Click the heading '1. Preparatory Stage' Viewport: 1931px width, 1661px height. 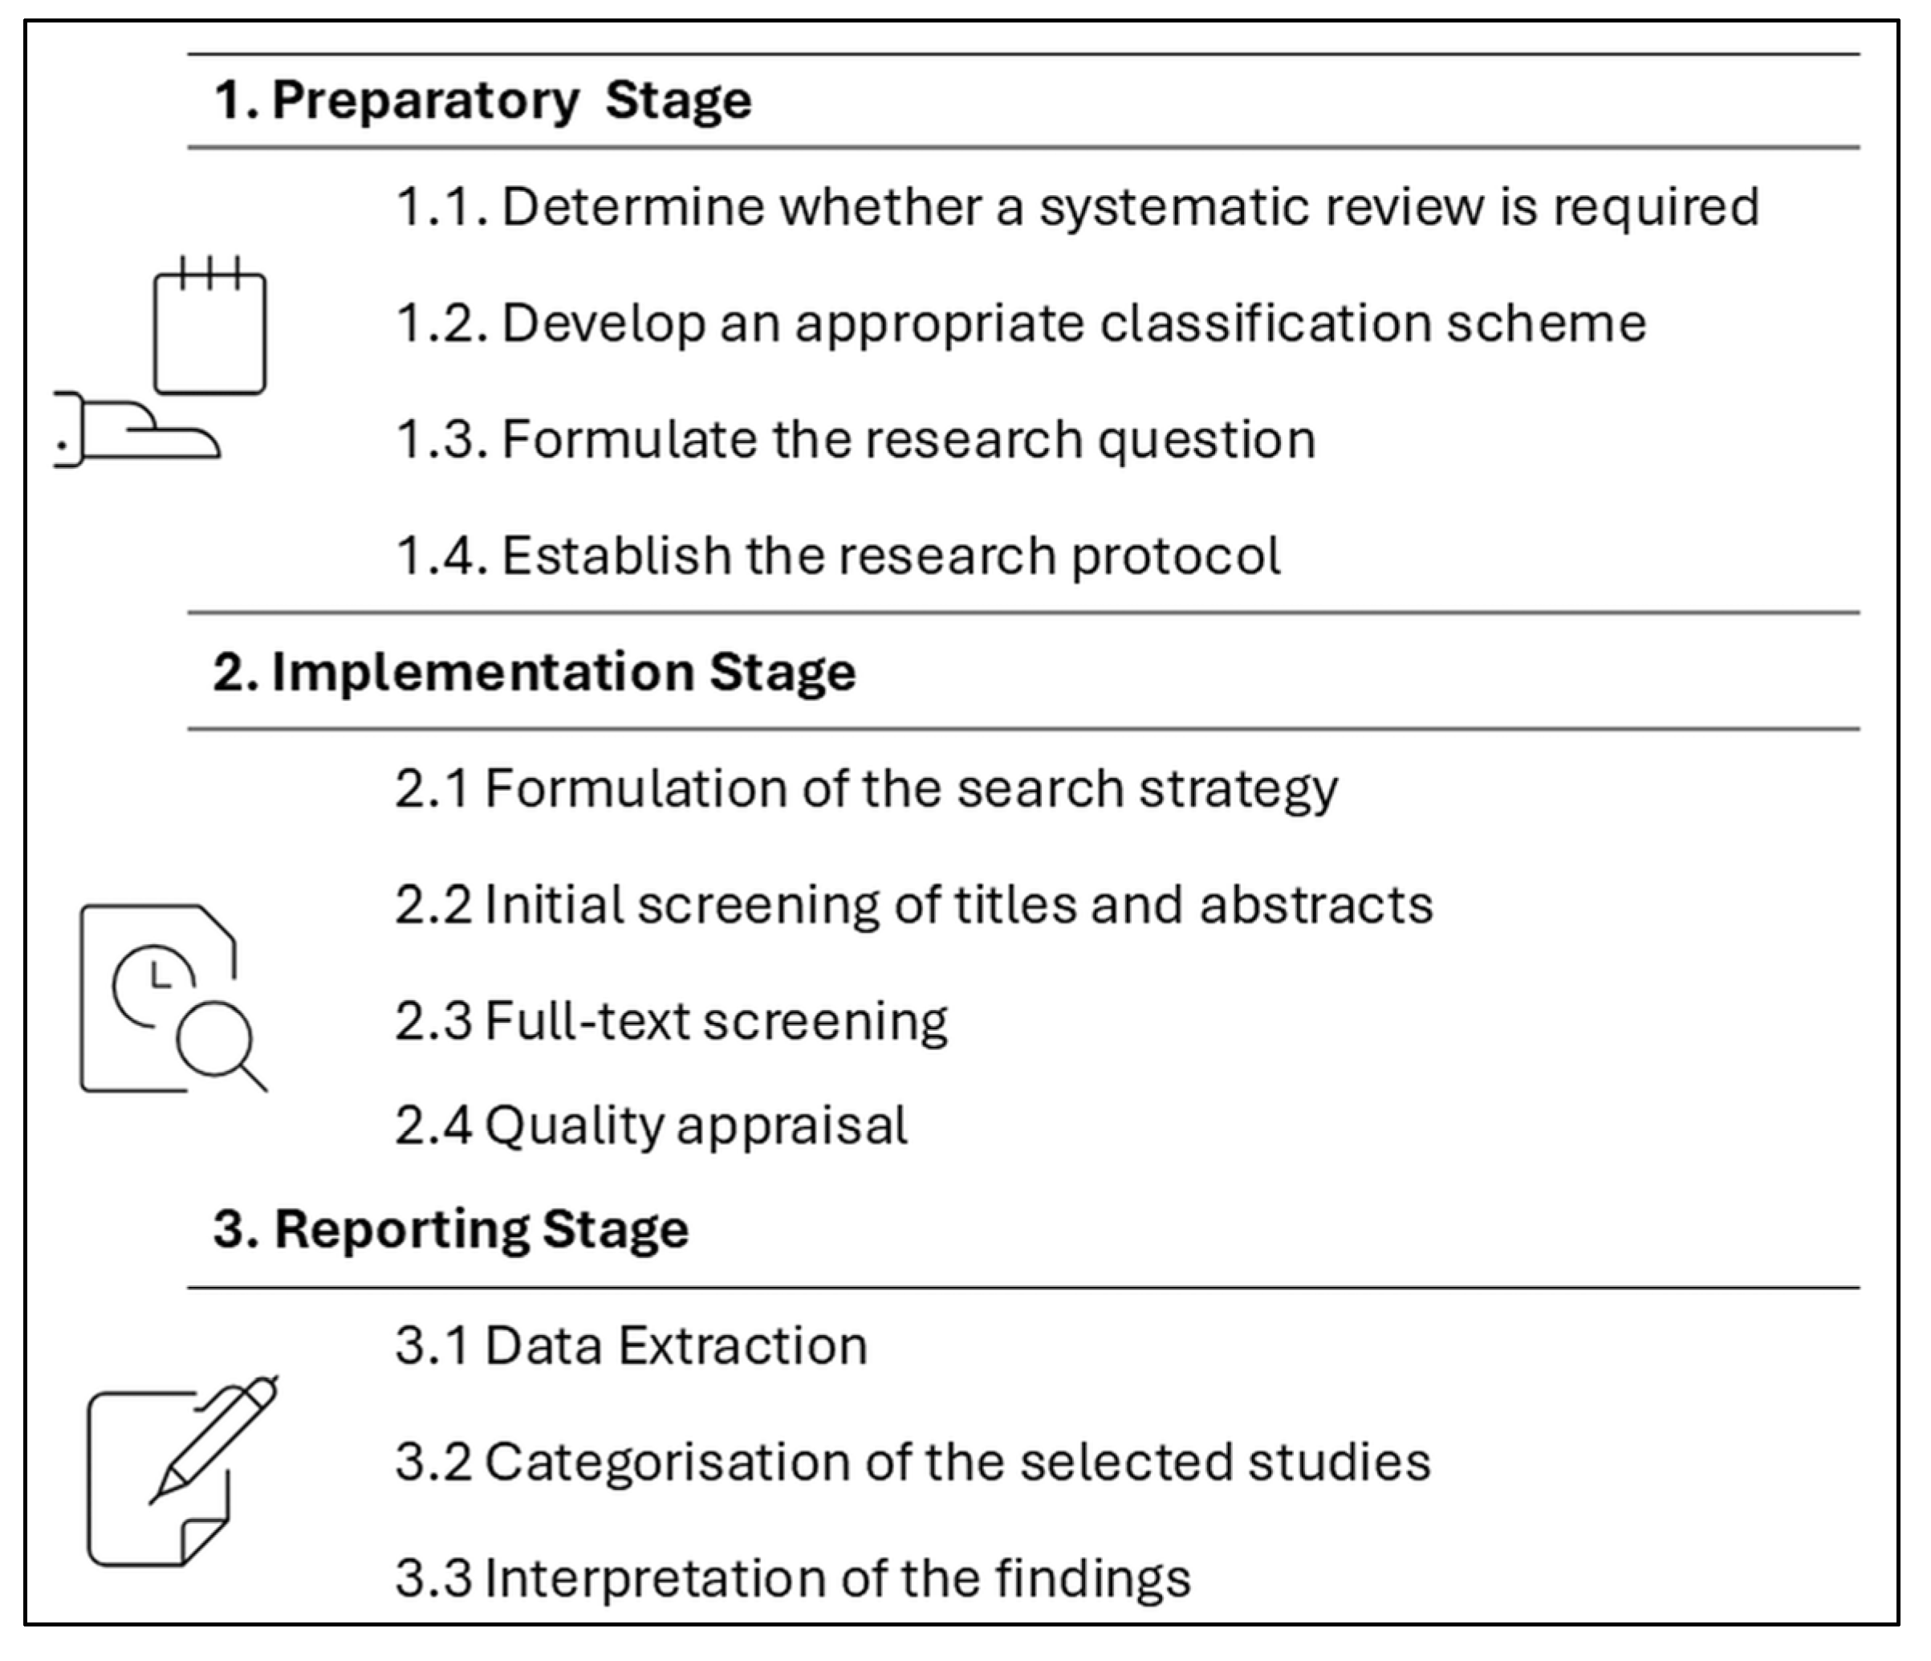click(483, 100)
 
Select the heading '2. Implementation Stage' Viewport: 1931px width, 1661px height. click(534, 672)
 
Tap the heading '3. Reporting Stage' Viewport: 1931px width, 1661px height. click(451, 1228)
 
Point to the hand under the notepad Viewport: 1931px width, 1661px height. click(140, 430)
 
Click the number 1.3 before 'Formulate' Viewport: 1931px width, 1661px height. click(441, 440)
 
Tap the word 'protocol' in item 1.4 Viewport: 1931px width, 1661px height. click(1176, 556)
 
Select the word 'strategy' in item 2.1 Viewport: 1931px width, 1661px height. click(1238, 789)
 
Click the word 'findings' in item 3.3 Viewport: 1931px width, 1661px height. click(1092, 1578)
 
